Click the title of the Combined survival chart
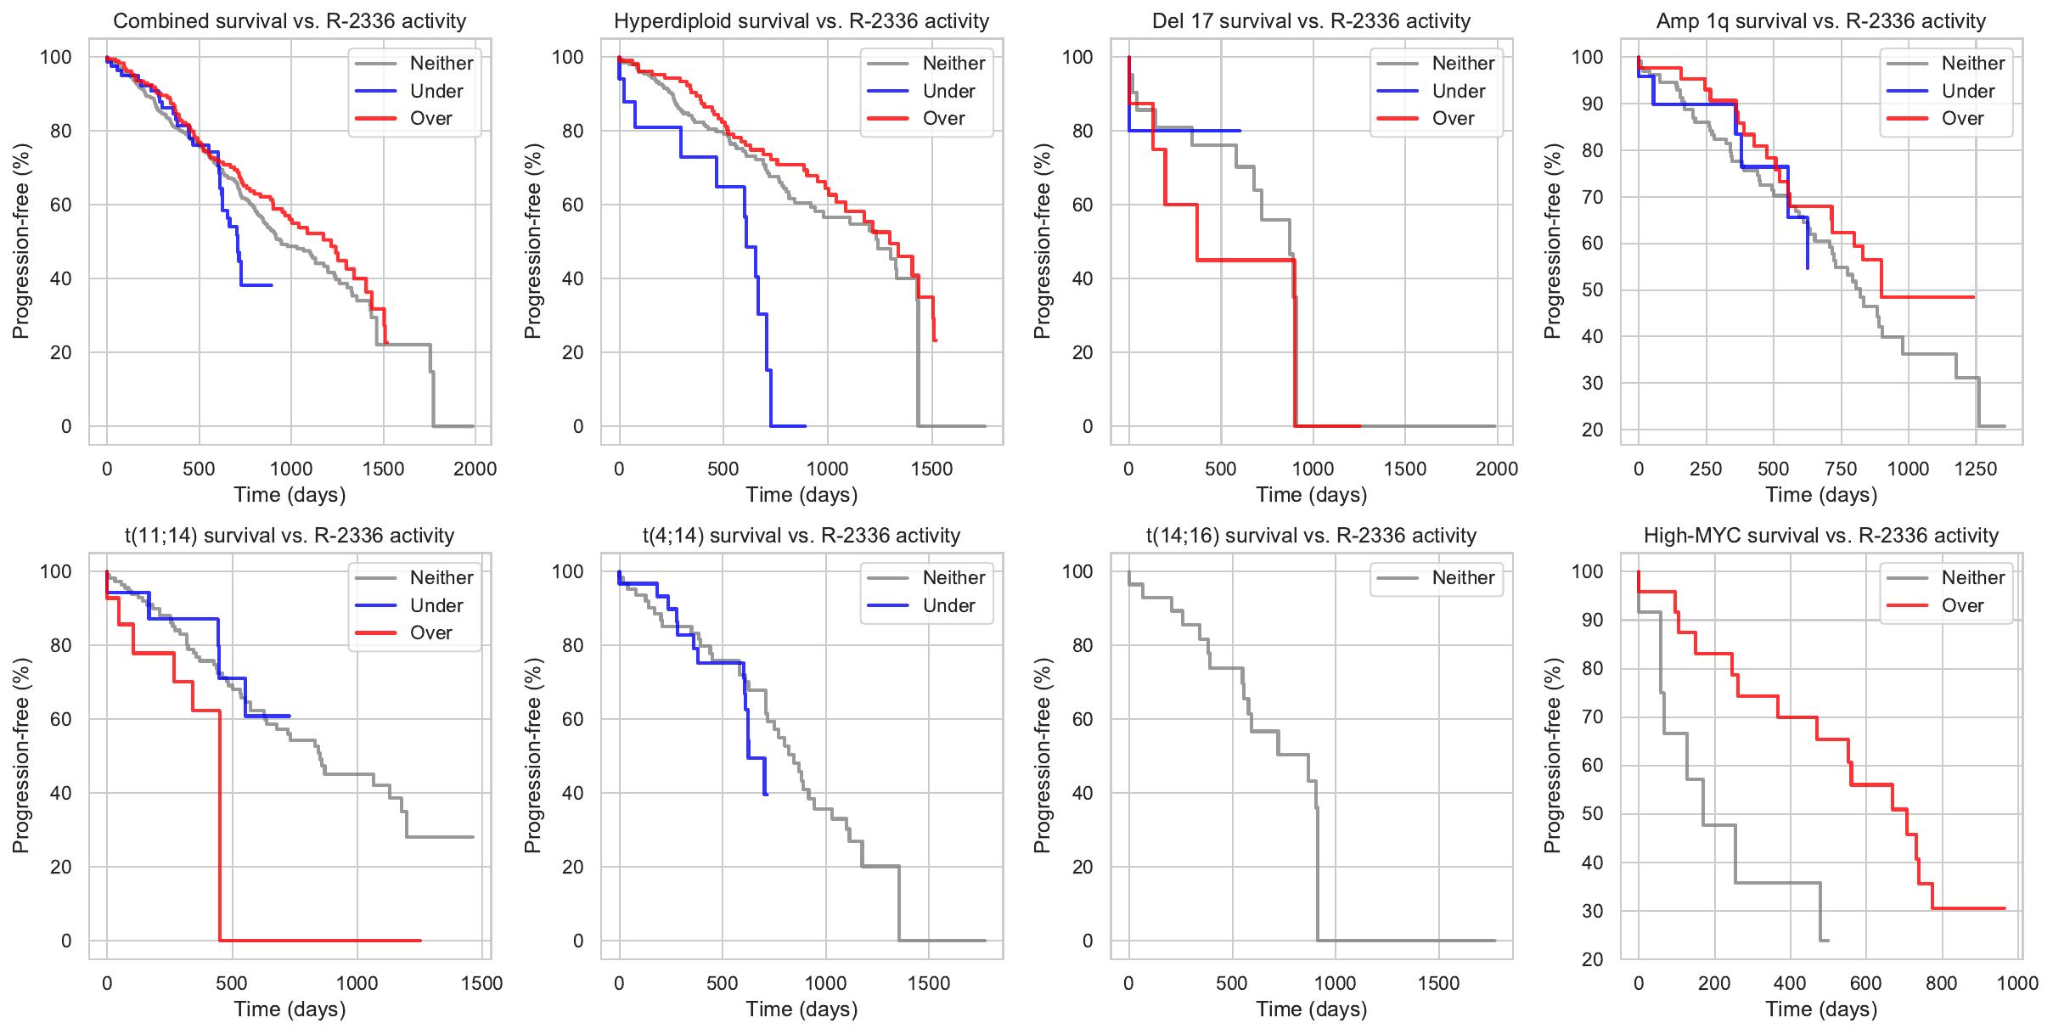[290, 21]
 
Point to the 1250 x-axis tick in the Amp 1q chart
[1976, 469]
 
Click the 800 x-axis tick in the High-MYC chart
[1941, 983]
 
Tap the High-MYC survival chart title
[1821, 536]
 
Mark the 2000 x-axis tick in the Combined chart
[475, 469]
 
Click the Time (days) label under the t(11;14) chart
[290, 1009]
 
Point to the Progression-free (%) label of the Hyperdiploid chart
[532, 241]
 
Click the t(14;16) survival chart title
[1311, 536]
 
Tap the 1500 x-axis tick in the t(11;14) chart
[481, 983]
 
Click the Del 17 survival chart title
[1311, 21]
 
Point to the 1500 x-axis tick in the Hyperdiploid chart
[931, 469]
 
